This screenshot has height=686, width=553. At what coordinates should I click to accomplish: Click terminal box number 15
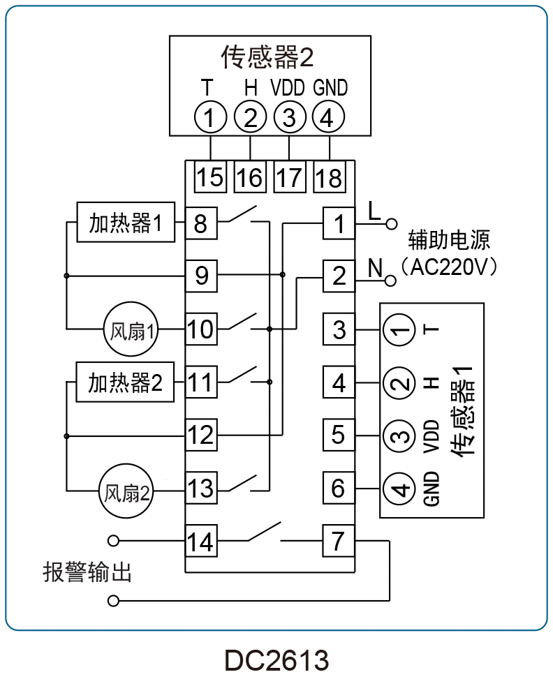tap(210, 177)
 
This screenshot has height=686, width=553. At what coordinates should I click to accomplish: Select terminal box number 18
tap(330, 177)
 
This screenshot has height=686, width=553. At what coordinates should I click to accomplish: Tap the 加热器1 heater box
tap(126, 222)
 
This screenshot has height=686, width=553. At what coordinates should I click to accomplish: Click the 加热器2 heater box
tap(125, 382)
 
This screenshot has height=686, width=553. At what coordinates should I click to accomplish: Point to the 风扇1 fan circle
tap(131, 329)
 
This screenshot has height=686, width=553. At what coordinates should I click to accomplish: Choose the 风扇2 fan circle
tap(126, 491)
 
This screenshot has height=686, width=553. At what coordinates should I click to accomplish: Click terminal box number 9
tap(201, 276)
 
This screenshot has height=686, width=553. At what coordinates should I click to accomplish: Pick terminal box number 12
tap(201, 435)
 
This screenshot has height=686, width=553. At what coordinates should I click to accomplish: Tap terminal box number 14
tap(201, 541)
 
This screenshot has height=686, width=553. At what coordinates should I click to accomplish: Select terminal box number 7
tap(339, 541)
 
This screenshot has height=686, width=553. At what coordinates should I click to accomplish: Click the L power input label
tap(374, 211)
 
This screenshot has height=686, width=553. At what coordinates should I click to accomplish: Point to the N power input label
tap(375, 268)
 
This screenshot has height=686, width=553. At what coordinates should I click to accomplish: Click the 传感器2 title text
tap(267, 57)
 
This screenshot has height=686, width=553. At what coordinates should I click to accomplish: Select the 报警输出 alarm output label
tap(87, 572)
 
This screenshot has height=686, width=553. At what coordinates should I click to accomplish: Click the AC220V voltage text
tap(448, 267)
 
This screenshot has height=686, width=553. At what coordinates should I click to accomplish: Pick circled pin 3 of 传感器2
tap(289, 117)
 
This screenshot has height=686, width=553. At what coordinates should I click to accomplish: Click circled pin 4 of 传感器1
tap(399, 489)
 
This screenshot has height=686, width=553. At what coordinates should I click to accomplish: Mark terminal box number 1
tap(339, 223)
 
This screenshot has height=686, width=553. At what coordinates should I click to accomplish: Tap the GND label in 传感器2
tap(330, 87)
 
